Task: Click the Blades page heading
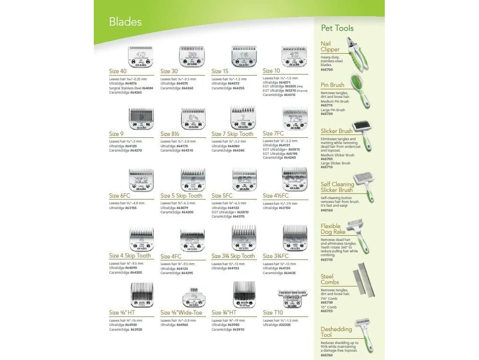125,22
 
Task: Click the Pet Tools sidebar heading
337,28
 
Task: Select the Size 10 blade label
271,71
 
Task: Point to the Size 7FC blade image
295,119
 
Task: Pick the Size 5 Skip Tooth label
181,196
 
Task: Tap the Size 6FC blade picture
141,180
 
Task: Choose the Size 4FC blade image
192,240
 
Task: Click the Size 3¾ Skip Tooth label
233,256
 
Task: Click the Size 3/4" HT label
224,313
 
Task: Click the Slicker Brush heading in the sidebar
336,131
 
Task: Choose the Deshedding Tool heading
336,332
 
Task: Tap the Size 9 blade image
141,119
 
